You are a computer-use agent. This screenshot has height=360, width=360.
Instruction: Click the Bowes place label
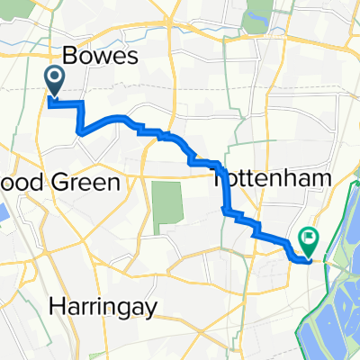tap(100, 58)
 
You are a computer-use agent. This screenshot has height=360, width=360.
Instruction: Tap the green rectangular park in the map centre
tap(162, 207)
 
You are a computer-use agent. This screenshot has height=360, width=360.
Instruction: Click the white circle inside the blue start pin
tap(54, 78)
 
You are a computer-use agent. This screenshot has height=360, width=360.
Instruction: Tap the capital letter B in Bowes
tap(68, 58)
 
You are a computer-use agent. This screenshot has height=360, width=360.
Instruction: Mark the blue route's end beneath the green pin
tap(309, 261)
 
